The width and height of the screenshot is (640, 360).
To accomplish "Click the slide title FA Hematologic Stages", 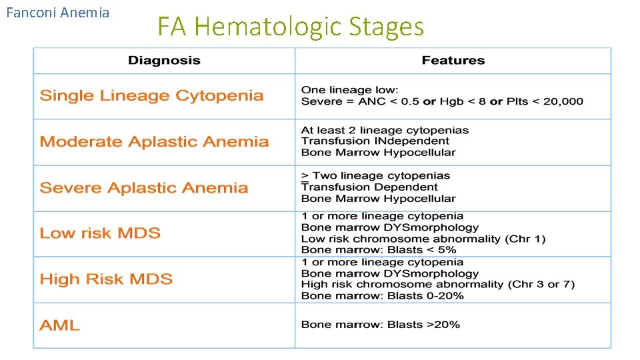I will pos(290,27).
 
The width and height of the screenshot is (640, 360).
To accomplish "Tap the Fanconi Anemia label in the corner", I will pos(57,13).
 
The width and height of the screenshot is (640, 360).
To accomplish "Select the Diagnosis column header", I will pos(164,61).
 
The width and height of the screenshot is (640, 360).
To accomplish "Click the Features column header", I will pos(453,61).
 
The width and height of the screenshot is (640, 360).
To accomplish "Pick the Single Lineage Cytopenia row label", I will pos(151,96).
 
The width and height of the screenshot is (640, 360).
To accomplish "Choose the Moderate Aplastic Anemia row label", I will pos(154,142).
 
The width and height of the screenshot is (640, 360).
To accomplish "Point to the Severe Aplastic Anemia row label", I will pos(143,188).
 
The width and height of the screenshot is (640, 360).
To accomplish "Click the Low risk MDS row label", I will pos(100,233).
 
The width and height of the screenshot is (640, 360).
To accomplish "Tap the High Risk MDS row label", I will pos(106,279).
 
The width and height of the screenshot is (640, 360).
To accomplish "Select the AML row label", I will pos(59,325).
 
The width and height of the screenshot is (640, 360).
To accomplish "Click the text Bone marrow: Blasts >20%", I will pos(380,325).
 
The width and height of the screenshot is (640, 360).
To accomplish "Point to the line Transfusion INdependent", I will pos(375,141).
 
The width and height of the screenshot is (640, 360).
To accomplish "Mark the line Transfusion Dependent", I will pos(370,187).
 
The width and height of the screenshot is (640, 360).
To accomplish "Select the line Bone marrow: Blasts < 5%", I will pos(379,250).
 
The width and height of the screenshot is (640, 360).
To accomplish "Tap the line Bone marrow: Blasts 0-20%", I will pos(382,296).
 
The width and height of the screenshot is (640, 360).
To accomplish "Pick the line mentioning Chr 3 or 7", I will pos(437,285).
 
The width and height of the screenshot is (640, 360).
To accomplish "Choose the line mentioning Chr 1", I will pos(423,239).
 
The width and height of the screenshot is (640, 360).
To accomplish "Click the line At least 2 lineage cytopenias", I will pos(385,130).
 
